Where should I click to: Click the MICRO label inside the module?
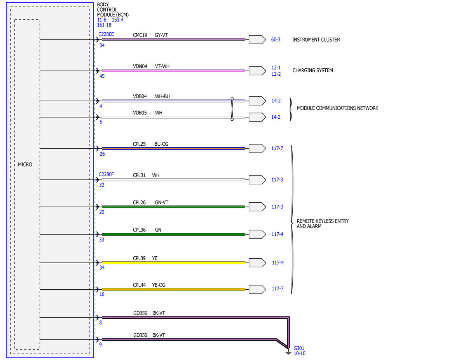tap(25, 165)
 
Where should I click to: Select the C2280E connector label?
tap(106, 34)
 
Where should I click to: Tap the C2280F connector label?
tap(106, 174)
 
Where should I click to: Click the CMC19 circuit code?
tap(140, 35)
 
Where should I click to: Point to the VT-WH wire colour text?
tap(162, 66)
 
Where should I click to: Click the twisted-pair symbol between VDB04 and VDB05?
tap(232, 109)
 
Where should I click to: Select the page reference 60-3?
tap(276, 40)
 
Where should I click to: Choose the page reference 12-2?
tap(276, 74)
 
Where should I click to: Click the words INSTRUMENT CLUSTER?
tap(316, 40)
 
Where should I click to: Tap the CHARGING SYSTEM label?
tap(312, 70)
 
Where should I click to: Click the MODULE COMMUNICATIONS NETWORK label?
tap(337, 108)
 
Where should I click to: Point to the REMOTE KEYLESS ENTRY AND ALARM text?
tap(323, 224)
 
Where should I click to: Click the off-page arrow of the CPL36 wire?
tap(257, 234)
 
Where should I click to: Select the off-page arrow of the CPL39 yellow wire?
tap(257, 263)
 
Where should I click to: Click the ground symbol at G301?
tap(288, 353)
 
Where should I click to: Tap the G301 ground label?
tap(298, 348)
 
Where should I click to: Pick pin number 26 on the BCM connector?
tap(102, 154)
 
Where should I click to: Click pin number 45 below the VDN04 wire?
tap(102, 76)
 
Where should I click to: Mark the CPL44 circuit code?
tap(139, 285)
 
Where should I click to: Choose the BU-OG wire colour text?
tap(161, 144)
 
